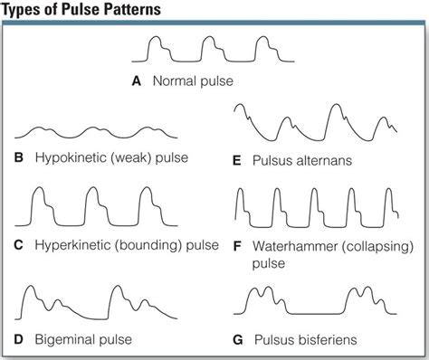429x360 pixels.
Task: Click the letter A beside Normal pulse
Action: (x=137, y=81)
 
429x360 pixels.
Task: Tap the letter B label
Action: (x=19, y=157)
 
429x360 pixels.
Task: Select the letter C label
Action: (x=18, y=245)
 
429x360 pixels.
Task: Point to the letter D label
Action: (x=18, y=339)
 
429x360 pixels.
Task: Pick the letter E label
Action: (x=237, y=161)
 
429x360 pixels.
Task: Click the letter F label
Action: (x=237, y=247)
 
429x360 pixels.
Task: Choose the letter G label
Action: (x=238, y=340)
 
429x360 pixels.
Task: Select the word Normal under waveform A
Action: (x=172, y=81)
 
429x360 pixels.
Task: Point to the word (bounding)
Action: (x=148, y=245)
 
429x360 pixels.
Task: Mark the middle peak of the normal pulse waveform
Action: (x=209, y=37)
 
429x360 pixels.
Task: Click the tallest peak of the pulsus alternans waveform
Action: (x=336, y=105)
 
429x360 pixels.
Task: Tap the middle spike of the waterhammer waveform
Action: (x=314, y=189)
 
